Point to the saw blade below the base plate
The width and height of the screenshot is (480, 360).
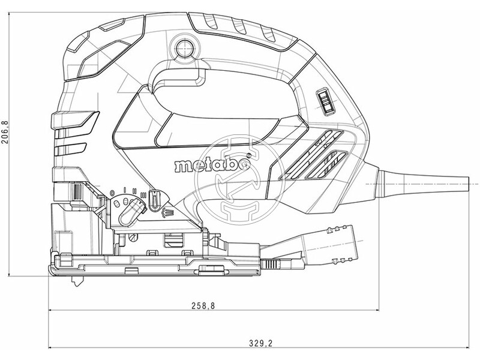click(x=76, y=281)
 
